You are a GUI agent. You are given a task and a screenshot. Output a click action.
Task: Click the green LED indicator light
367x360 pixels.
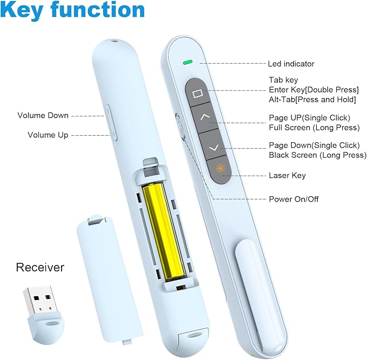tap(188, 62)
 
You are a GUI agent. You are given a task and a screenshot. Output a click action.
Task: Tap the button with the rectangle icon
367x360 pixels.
tap(197, 92)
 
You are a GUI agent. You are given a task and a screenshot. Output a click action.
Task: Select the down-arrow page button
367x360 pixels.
tap(212, 146)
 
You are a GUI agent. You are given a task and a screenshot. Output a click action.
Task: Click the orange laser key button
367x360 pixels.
tap(220, 170)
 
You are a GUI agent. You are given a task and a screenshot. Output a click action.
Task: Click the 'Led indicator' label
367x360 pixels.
tap(291, 64)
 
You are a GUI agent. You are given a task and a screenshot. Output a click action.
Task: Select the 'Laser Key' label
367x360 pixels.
tap(287, 175)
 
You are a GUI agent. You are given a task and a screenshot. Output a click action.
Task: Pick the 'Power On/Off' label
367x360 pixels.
tap(293, 199)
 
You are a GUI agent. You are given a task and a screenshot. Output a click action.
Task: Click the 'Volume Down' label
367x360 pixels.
tap(43, 115)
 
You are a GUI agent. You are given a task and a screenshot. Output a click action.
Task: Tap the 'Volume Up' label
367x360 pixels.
tap(48, 135)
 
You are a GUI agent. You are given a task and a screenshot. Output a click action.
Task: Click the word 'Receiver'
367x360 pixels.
tap(40, 268)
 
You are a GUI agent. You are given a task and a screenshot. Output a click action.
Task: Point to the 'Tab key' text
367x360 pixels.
tap(283, 80)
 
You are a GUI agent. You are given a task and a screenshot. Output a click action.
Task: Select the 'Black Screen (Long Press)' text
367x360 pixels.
tap(318, 155)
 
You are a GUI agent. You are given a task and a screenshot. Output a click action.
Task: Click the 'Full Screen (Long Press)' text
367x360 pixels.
tap(315, 128)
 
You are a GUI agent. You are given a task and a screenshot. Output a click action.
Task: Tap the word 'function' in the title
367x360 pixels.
tap(98, 10)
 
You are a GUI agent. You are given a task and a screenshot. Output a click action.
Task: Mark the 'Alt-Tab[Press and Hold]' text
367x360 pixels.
tap(312, 99)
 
